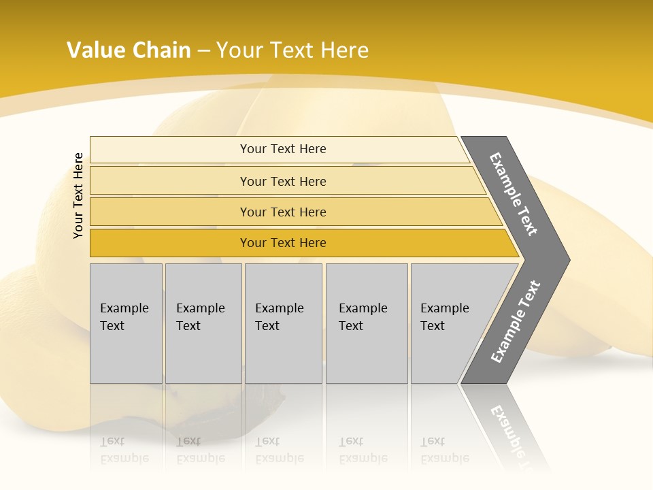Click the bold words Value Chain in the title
(129, 50)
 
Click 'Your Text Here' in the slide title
(292, 50)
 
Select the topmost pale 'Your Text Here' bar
(283, 149)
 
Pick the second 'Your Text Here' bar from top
(283, 181)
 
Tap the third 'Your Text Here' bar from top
(283, 212)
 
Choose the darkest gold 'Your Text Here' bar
(283, 243)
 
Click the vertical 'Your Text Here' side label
(78, 195)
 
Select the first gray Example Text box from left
(126, 323)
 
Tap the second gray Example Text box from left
(203, 323)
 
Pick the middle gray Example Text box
(283, 323)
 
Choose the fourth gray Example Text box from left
(367, 323)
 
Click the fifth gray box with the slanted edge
(449, 323)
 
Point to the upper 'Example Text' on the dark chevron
(514, 194)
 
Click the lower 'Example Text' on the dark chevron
(516, 321)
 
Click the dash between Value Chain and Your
(203, 51)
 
